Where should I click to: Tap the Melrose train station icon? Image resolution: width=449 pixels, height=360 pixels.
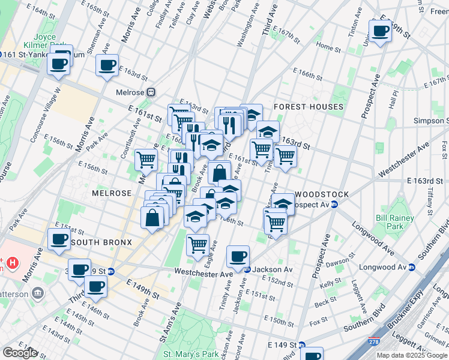[151, 92]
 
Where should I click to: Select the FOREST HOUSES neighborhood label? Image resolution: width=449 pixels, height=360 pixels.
[308, 107]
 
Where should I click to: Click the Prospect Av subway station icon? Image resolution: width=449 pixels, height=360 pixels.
[335, 205]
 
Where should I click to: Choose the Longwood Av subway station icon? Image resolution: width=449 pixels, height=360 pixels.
[412, 267]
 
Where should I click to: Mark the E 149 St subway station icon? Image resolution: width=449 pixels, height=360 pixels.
[302, 345]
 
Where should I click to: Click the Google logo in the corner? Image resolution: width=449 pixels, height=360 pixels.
[20, 353]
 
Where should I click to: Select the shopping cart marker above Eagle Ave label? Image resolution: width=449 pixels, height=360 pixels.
[197, 244]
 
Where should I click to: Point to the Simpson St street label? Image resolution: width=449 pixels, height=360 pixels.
[430, 121]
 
